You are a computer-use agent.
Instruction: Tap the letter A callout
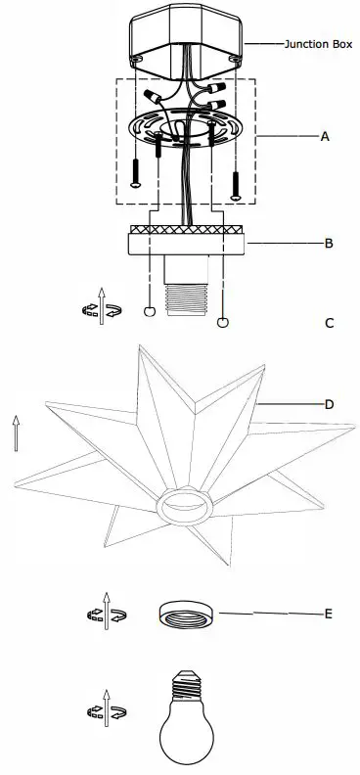pyautogui.click(x=325, y=138)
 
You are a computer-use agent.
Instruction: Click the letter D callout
pyautogui.click(x=329, y=404)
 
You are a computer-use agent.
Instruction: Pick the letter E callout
pyautogui.click(x=329, y=614)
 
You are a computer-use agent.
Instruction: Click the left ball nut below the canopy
pyautogui.click(x=149, y=312)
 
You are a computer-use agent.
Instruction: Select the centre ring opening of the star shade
pyautogui.click(x=184, y=504)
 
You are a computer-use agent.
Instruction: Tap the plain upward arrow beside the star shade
pyautogui.click(x=16, y=431)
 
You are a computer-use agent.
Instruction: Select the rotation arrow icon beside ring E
pyautogui.click(x=106, y=614)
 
